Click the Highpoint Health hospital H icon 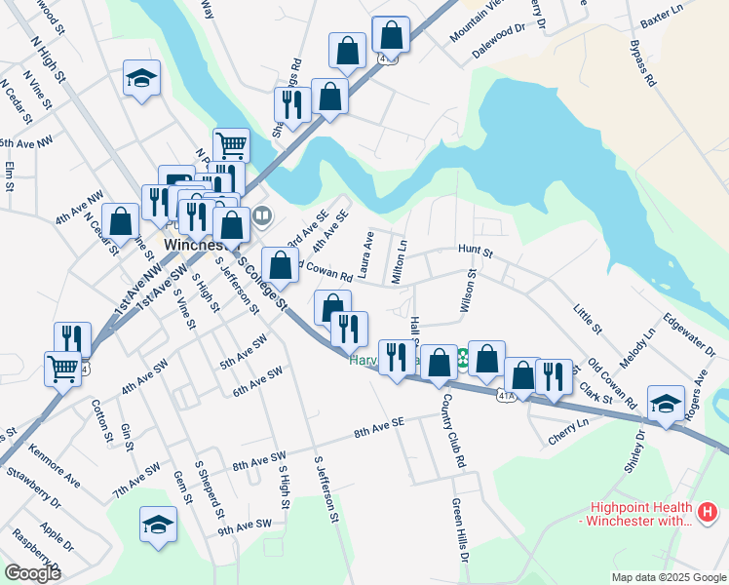[x=708, y=510]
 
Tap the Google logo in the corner [x=31, y=572]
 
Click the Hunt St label [x=477, y=252]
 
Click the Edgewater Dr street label [x=681, y=333]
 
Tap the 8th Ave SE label [x=378, y=426]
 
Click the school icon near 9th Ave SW [x=158, y=523]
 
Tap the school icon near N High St [x=141, y=77]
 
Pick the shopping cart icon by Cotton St [x=62, y=368]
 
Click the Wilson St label [x=469, y=292]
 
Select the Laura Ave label [x=366, y=253]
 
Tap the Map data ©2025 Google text [x=667, y=576]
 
